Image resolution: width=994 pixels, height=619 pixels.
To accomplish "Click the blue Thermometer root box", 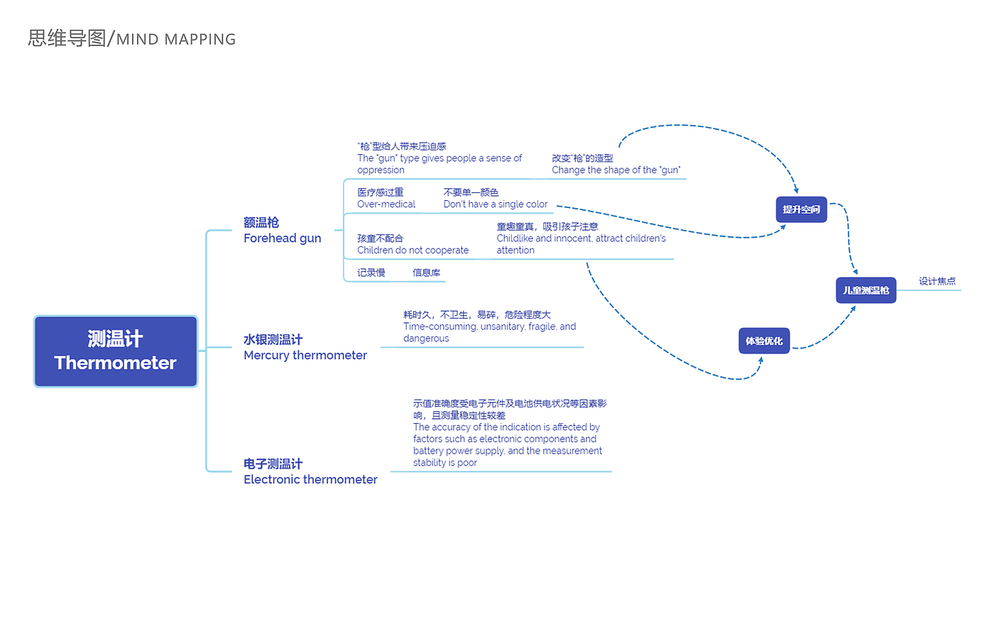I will (116, 351).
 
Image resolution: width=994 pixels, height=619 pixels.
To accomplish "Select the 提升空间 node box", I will (801, 209).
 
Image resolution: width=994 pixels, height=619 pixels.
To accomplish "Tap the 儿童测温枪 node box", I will (865, 290).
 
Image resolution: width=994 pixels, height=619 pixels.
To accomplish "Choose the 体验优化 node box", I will (764, 341).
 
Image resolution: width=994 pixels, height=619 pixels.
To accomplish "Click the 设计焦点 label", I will (936, 281).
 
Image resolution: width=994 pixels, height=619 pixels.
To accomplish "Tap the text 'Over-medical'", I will (386, 204).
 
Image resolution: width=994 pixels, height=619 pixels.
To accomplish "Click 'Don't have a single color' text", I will (495, 204).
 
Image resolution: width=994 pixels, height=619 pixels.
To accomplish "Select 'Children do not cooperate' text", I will (413, 251).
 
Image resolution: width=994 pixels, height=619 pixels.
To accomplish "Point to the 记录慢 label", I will (371, 273).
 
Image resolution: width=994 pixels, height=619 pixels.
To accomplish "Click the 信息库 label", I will (426, 273).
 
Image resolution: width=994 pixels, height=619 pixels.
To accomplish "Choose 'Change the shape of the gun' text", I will (616, 170).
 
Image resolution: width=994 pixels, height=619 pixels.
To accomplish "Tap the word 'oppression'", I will (381, 170).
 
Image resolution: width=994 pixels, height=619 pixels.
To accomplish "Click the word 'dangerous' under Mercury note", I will (426, 339).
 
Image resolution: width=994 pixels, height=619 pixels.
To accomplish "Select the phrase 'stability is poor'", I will (444, 463).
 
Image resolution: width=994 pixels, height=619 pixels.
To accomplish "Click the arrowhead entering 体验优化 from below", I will (760, 360).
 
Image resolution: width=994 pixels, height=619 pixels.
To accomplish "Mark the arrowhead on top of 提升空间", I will (797, 190).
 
